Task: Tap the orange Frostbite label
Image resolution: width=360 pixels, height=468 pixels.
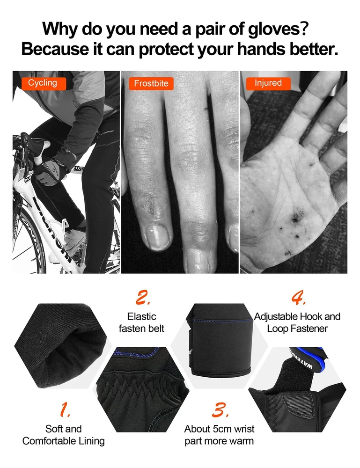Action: pyautogui.click(x=151, y=83)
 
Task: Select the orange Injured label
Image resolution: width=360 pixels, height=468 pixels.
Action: pyautogui.click(x=268, y=83)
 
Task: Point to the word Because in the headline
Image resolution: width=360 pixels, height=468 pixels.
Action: pyautogui.click(x=55, y=49)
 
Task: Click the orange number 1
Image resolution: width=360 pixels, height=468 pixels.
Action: pyautogui.click(x=65, y=409)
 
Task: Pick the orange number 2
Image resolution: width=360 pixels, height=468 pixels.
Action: pyautogui.click(x=143, y=298)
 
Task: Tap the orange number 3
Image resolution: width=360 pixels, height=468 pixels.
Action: pyautogui.click(x=220, y=409)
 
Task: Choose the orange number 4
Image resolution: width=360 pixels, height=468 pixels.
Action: pyautogui.click(x=298, y=298)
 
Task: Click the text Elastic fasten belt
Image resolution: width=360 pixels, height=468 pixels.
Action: pyautogui.click(x=141, y=322)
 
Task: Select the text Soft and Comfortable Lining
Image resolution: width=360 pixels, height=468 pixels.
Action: pyautogui.click(x=63, y=435)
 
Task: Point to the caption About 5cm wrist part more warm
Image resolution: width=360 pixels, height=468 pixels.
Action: pyautogui.click(x=219, y=435)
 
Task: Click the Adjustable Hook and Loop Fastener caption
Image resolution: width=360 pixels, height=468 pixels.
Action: pyautogui.click(x=297, y=322)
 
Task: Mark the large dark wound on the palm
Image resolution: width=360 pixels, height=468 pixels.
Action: pyautogui.click(x=295, y=219)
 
